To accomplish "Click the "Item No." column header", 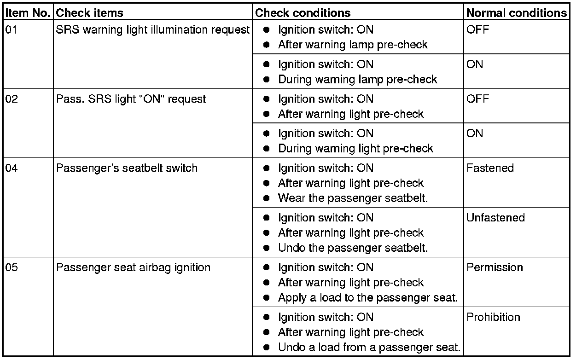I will (29, 13).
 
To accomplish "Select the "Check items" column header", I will (89, 13).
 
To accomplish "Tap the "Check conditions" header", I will (303, 13).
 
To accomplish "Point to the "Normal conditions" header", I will (517, 13).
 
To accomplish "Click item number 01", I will (12, 30).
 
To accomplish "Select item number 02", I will (12, 99).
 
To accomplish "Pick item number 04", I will (12, 168).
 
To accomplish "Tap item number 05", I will (12, 267).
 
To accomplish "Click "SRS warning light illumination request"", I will (152, 30).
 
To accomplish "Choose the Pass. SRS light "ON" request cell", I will (131, 99).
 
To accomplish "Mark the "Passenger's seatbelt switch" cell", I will (127, 168).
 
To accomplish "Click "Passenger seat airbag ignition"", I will (133, 267).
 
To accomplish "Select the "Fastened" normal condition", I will (490, 168).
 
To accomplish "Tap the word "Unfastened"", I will (495, 218).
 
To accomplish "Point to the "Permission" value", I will (495, 267).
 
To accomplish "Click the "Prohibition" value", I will (493, 317).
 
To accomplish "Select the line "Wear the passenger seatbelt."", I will (353, 198).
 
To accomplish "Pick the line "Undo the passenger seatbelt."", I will (353, 248).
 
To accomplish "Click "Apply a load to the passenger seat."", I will (367, 298).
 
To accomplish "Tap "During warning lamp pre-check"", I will (357, 80).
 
